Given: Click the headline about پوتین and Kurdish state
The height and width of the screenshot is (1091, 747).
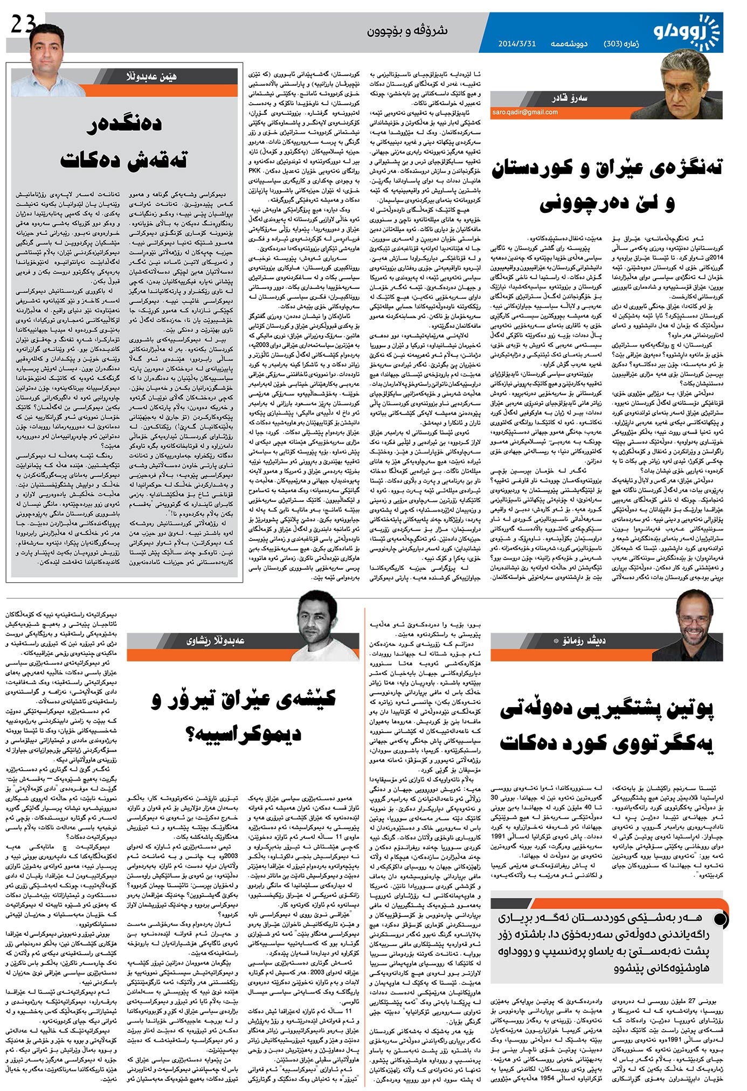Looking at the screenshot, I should [x=607, y=726].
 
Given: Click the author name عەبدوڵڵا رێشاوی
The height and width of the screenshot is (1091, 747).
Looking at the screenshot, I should [x=216, y=640].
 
